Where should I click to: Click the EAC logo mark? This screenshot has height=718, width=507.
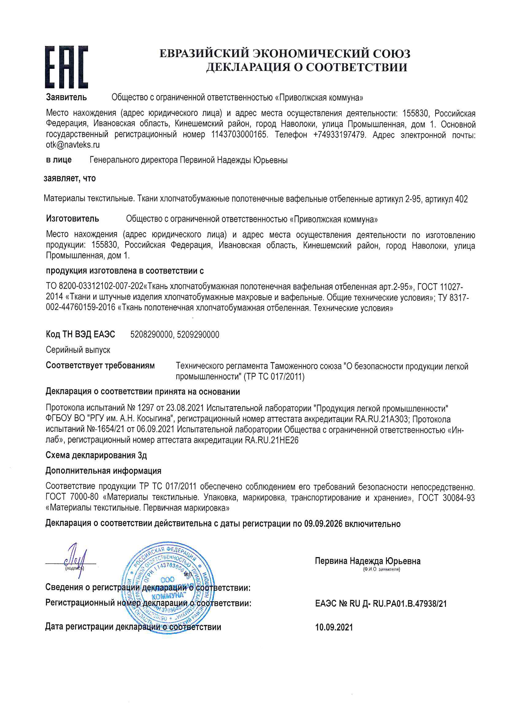click(x=66, y=67)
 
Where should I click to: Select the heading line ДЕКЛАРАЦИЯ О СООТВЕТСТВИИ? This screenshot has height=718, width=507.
click(x=306, y=67)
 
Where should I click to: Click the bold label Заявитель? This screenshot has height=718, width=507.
click(x=66, y=97)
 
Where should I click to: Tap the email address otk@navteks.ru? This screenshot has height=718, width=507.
click(x=72, y=145)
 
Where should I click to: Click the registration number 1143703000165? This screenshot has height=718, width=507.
click(x=239, y=135)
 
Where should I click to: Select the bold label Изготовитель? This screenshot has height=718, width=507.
click(x=72, y=219)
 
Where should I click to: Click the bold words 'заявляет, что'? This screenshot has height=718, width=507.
click(x=69, y=178)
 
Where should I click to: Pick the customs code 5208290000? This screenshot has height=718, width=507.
click(x=151, y=335)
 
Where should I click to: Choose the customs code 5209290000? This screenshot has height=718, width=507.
click(x=198, y=335)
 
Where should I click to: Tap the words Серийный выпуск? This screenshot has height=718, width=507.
click(x=78, y=350)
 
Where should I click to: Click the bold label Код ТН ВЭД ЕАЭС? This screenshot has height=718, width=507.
click(x=80, y=334)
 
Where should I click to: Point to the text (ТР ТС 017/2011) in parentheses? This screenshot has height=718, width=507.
click(x=274, y=377)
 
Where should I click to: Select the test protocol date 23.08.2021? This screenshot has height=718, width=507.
click(x=185, y=408)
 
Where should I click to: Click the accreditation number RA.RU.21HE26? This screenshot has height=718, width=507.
click(x=271, y=440)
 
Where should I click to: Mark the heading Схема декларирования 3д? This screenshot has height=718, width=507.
click(x=96, y=455)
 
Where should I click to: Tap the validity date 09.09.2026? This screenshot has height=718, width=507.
click(x=323, y=524)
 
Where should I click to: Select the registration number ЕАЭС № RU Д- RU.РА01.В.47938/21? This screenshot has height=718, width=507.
click(x=381, y=603)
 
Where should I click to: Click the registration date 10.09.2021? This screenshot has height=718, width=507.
click(x=334, y=627)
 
